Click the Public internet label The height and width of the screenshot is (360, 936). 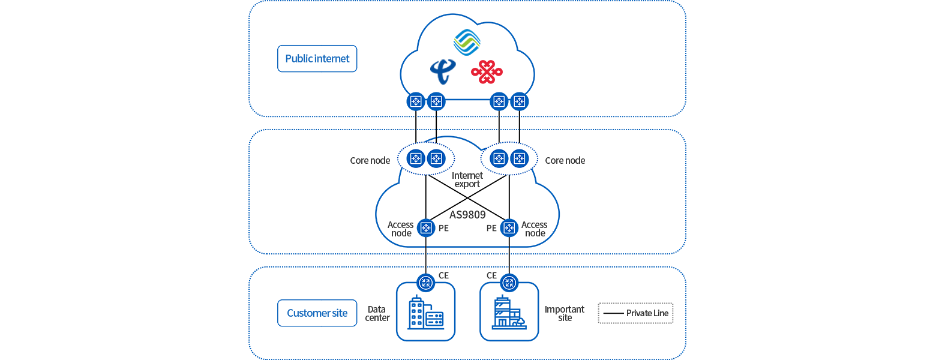[317, 59]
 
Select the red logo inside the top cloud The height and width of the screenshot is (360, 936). [486, 72]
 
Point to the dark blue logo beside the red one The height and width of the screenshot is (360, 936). [443, 72]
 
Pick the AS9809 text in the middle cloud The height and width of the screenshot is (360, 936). [467, 214]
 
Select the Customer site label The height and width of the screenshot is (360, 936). [309, 313]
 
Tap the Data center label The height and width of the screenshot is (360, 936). [377, 313]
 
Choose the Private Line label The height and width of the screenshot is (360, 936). [647, 313]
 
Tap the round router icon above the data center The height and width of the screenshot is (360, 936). [425, 282]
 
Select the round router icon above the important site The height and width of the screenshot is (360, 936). [509, 282]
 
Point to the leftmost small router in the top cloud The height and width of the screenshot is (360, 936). [416, 101]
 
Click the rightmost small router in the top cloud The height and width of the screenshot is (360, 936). [519, 101]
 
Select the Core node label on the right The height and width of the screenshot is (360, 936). [565, 160]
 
